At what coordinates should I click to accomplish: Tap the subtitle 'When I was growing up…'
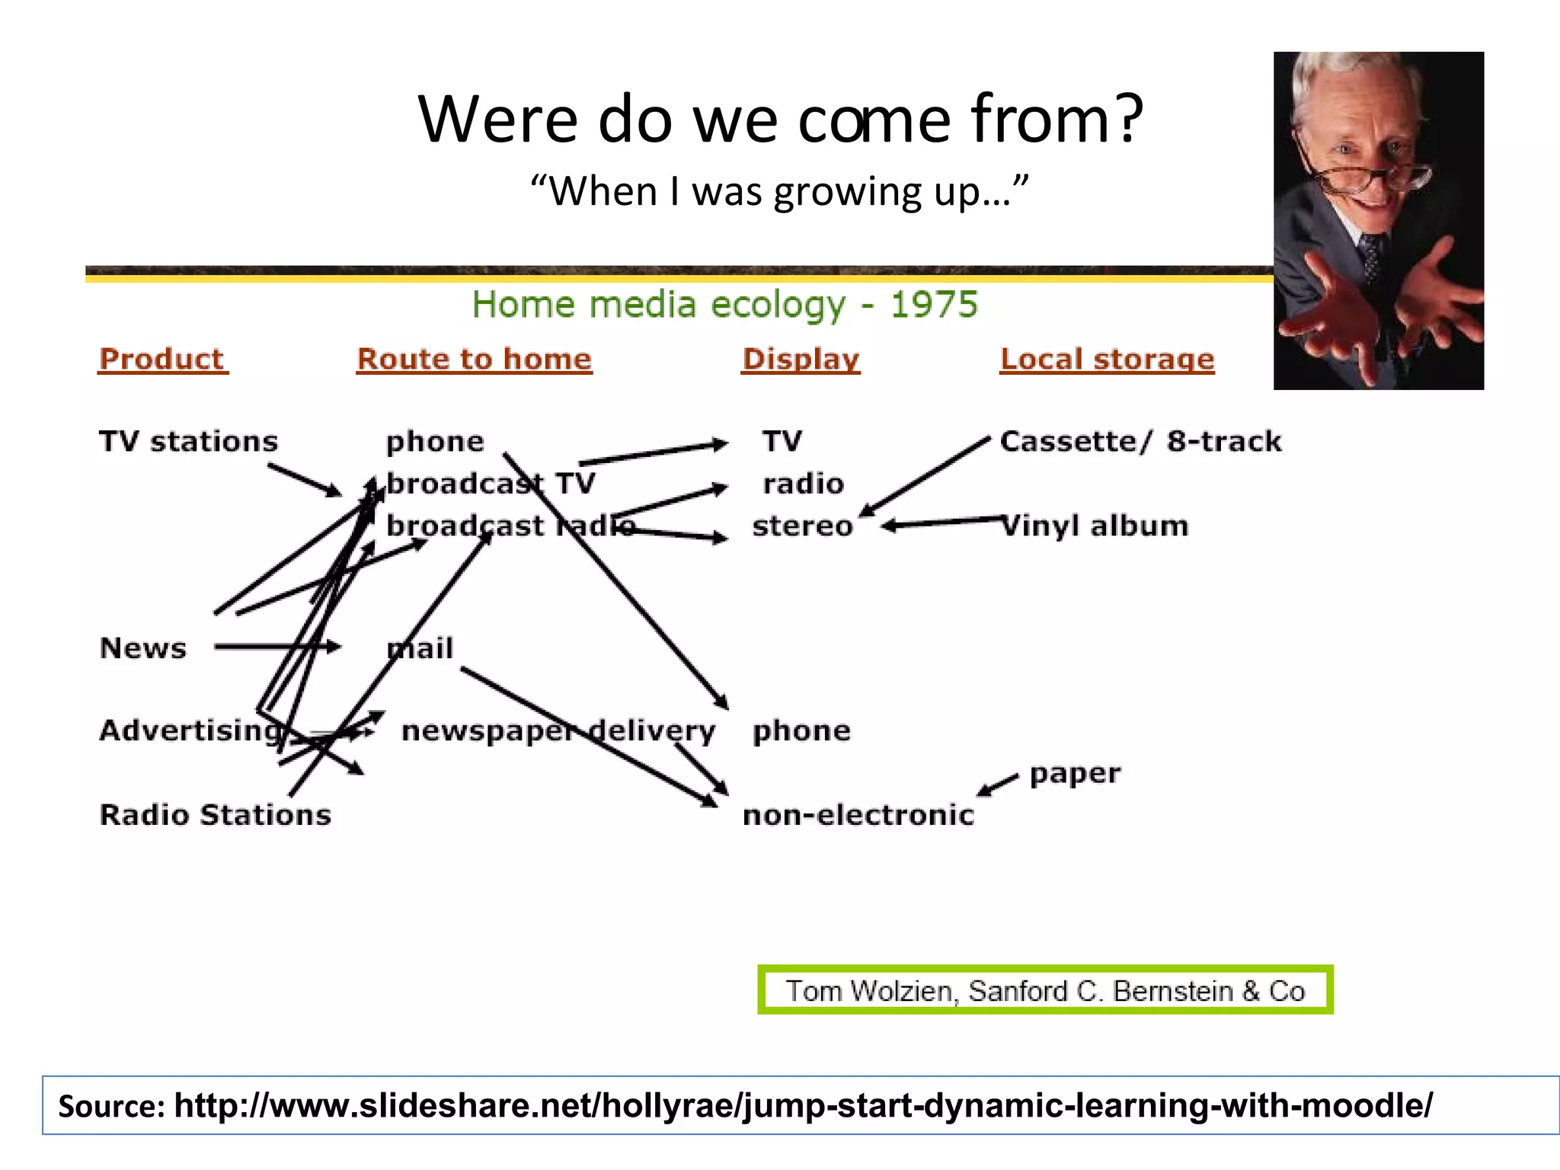(779, 191)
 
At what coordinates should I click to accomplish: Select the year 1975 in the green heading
(934, 305)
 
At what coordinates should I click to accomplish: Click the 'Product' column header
(162, 359)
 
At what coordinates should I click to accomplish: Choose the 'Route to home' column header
(474, 359)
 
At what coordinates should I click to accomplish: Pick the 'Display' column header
(801, 359)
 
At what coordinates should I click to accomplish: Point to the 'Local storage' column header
(1107, 359)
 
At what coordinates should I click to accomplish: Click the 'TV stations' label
(188, 441)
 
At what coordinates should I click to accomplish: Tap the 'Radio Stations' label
(215, 814)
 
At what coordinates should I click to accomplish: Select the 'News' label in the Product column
(142, 648)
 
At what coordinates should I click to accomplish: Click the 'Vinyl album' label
(1095, 526)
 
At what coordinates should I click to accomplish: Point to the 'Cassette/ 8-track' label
(1140, 441)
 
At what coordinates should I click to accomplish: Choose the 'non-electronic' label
(858, 815)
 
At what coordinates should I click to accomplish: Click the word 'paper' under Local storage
(1075, 773)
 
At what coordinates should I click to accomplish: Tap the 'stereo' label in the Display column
(802, 526)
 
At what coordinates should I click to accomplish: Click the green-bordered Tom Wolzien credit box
(1045, 990)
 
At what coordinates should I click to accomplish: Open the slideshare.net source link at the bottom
(803, 1105)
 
